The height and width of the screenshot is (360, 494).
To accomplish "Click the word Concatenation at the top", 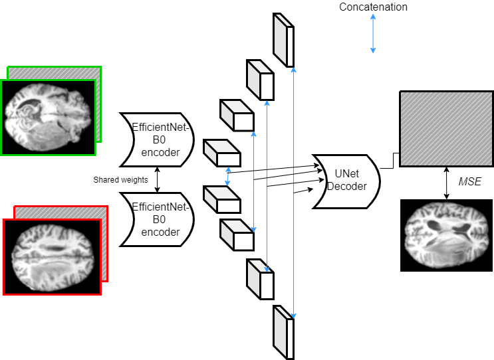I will pyautogui.click(x=373, y=7).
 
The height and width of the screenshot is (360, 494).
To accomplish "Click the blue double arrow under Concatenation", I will pyautogui.click(x=373, y=34).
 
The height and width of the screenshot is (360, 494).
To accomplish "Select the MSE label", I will pyautogui.click(x=469, y=181).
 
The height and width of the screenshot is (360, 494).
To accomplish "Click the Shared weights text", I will pyautogui.click(x=120, y=179).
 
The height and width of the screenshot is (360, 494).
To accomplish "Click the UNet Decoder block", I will pyautogui.click(x=346, y=181).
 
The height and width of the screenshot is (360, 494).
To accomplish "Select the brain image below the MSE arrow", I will pyautogui.click(x=446, y=235).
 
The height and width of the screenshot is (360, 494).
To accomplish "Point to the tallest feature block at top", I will pyautogui.click(x=283, y=40).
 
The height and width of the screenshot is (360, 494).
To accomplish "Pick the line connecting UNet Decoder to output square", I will pyautogui.click(x=390, y=163).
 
